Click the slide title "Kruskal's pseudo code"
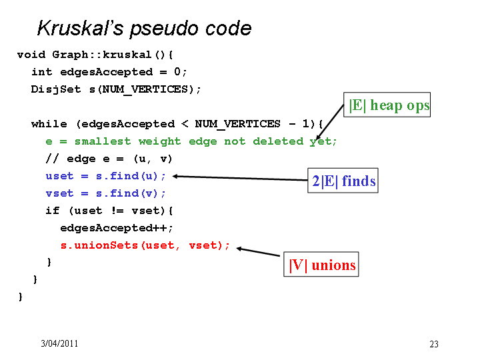coord(144,29)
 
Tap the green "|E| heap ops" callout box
coord(387,105)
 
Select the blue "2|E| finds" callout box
coord(343,181)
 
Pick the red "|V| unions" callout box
coord(321,265)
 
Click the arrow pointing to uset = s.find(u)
coord(240,178)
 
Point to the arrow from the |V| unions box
coord(258,251)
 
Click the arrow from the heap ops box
coord(330,122)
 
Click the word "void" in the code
coord(31,55)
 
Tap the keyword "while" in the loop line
coord(49,124)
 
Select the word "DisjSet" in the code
coord(56,89)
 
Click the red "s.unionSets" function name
coord(99,245)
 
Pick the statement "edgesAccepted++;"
coord(117,228)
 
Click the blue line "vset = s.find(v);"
coord(105,193)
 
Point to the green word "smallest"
coord(103,141)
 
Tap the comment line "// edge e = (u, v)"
coord(109,159)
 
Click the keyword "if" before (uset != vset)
coord(53,211)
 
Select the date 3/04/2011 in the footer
coord(59,343)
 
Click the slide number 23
coord(434,344)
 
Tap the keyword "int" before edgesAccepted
coord(41,72)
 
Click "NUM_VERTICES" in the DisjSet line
coord(145,89)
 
